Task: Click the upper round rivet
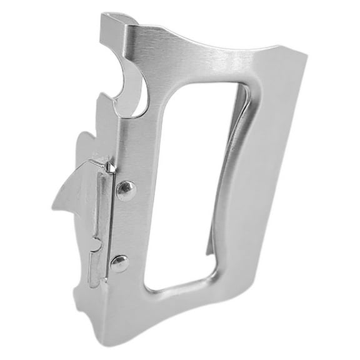(x=126, y=189)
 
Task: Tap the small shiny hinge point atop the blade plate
(x=110, y=166)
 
